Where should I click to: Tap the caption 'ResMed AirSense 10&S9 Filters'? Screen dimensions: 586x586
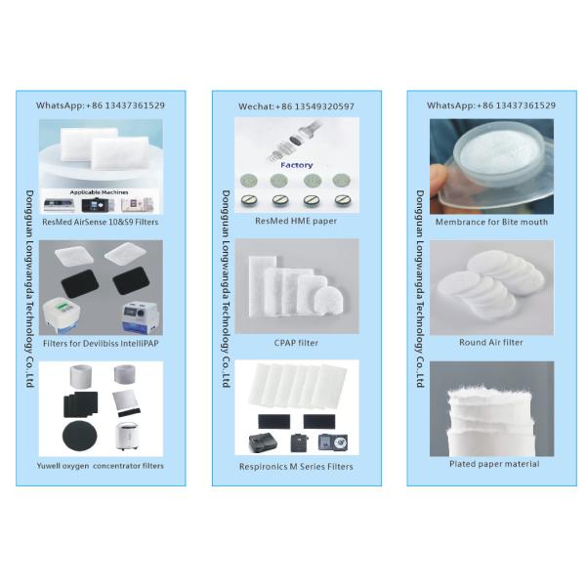pyautogui.click(x=101, y=222)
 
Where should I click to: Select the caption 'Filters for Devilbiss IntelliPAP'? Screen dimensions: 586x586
pyautogui.click(x=101, y=344)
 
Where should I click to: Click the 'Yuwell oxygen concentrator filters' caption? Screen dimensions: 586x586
pyautogui.click(x=101, y=466)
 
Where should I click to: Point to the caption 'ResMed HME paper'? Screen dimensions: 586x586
pyautogui.click(x=296, y=222)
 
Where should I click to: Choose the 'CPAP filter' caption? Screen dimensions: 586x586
pyautogui.click(x=296, y=343)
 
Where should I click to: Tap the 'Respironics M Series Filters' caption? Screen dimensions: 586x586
pyautogui.click(x=296, y=467)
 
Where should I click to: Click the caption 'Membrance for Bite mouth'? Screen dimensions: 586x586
pyautogui.click(x=491, y=222)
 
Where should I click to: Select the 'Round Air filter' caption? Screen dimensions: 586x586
pyautogui.click(x=491, y=343)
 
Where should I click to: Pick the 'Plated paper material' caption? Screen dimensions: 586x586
pyautogui.click(x=494, y=464)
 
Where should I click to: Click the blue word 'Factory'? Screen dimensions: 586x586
pyautogui.click(x=296, y=165)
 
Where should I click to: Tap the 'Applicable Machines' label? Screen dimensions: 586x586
pyautogui.click(x=99, y=192)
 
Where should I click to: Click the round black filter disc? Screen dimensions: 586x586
pyautogui.click(x=80, y=436)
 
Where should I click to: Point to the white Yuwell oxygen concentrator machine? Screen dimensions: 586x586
pyautogui.click(x=127, y=437)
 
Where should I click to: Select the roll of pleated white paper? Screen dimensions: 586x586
pyautogui.click(x=490, y=420)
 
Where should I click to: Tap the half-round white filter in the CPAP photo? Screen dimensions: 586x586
pyautogui.click(x=328, y=301)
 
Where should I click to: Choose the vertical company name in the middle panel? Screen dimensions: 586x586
pyautogui.click(x=226, y=288)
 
